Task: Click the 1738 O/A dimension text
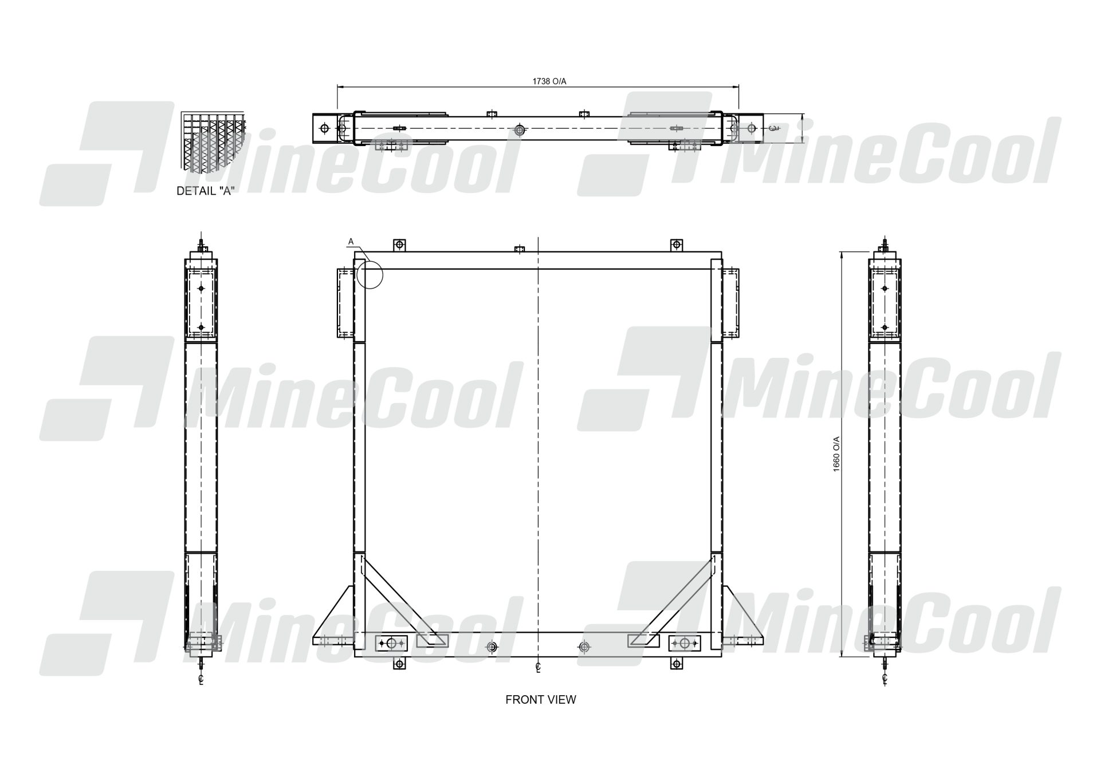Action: (x=549, y=81)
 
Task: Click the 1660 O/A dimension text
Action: (x=836, y=454)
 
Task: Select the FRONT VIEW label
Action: (x=540, y=700)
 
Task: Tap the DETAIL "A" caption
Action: (x=205, y=191)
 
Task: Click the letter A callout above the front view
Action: (x=351, y=242)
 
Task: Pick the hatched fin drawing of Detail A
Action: (x=213, y=141)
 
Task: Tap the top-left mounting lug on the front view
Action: (x=399, y=246)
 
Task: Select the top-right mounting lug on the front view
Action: (x=677, y=246)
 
